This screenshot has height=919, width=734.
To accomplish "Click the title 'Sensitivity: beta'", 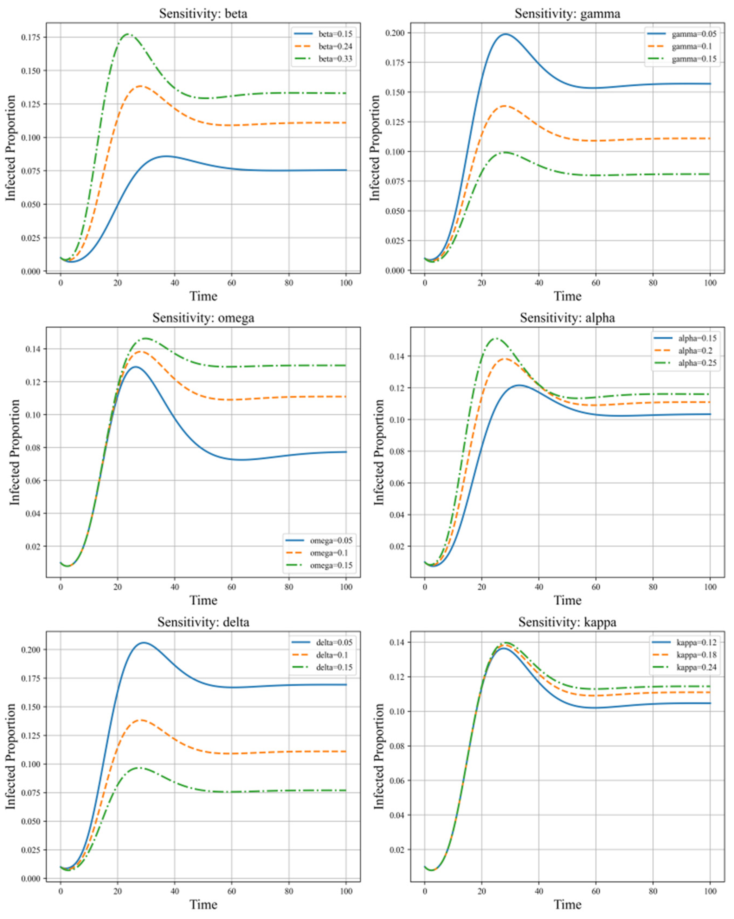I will tap(203, 14).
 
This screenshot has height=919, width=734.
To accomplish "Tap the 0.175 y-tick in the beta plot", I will tap(31, 37).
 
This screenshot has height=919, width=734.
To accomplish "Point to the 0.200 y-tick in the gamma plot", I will tap(395, 33).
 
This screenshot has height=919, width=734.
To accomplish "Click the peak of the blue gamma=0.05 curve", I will tap(506, 34).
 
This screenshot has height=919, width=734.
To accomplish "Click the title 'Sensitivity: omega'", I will tap(203, 318).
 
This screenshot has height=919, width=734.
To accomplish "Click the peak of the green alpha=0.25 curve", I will tap(496, 339).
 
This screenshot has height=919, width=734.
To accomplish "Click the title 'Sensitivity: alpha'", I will tap(567, 318).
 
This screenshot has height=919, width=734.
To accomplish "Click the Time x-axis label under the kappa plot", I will tap(567, 905).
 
